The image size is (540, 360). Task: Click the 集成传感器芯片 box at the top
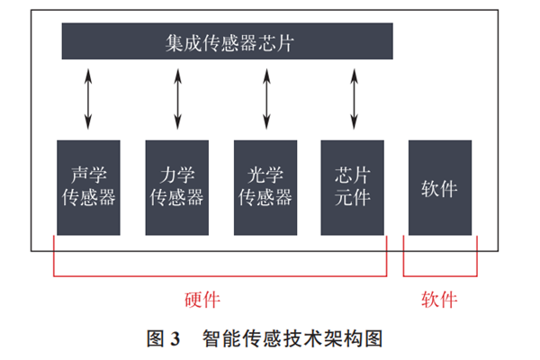pos(227,41)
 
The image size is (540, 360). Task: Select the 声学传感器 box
pos(87,186)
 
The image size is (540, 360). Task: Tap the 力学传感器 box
pos(175,186)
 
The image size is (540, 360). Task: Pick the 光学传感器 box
pos(265,186)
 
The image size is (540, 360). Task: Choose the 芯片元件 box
pos(352,186)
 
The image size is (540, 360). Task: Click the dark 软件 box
pos(439,186)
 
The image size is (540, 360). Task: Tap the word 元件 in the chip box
pos(352,198)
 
